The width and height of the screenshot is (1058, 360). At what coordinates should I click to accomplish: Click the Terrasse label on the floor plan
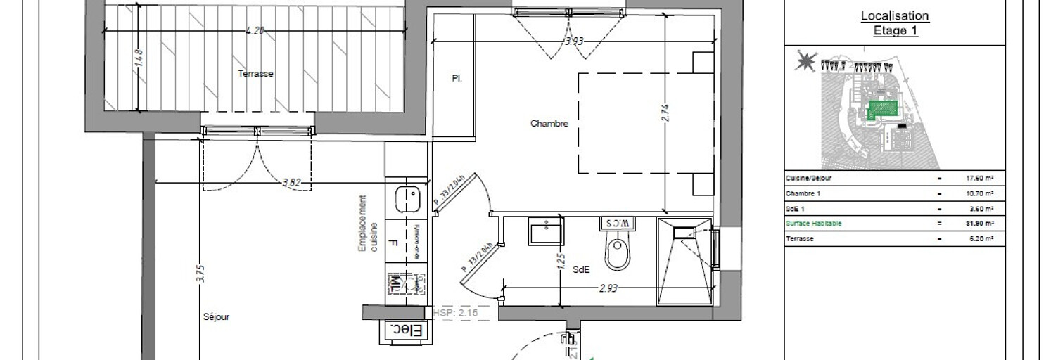tap(255, 73)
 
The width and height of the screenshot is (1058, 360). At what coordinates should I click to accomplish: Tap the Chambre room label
tap(549, 123)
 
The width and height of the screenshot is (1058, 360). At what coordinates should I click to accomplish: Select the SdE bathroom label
tap(581, 270)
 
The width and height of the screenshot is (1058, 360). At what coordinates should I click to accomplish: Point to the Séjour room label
tap(216, 316)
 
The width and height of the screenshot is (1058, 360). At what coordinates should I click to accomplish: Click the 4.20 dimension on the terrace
tap(255, 30)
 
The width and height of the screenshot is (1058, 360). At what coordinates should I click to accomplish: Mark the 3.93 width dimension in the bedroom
tap(574, 41)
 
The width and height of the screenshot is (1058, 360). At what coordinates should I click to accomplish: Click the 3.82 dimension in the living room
tap(291, 183)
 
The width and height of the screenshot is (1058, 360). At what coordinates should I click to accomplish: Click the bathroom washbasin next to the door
tap(546, 232)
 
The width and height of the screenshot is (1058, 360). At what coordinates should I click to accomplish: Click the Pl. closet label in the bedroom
tap(457, 79)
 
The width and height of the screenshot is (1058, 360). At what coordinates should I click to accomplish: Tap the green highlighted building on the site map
tap(884, 109)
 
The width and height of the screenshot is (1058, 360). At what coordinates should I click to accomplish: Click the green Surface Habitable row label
tap(813, 224)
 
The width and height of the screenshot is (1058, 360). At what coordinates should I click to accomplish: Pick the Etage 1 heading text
tap(895, 31)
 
